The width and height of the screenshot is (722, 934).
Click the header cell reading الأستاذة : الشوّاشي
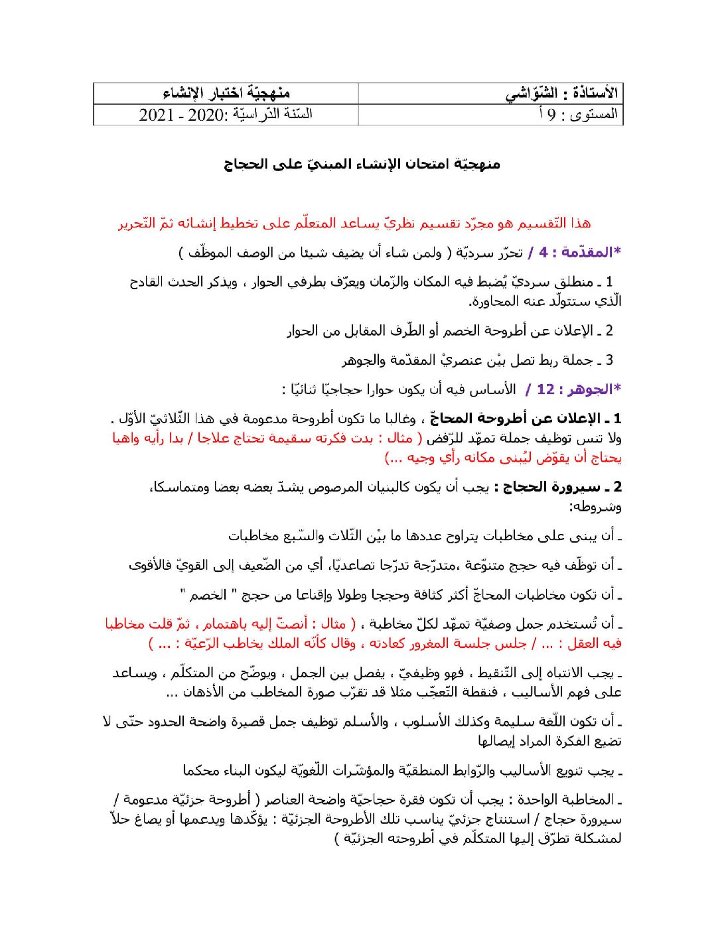[561, 94]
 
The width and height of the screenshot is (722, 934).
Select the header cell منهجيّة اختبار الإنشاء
[226, 94]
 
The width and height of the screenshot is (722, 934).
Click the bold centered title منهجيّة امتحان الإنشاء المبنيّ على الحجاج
[362, 164]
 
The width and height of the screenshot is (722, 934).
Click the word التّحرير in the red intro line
[137, 223]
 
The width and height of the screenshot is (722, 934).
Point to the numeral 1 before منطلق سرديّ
[609, 282]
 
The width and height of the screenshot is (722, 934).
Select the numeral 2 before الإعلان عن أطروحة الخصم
[609, 330]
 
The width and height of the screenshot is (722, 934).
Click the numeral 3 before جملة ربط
[609, 360]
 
